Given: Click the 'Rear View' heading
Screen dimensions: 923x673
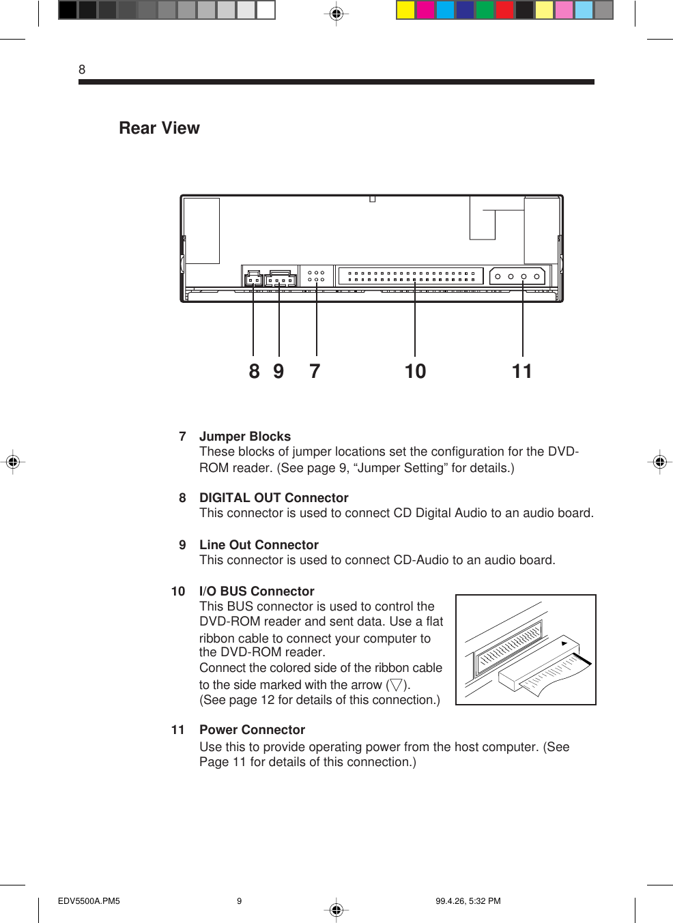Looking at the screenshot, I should tap(159, 128).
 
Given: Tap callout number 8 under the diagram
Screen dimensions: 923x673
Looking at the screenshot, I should tap(254, 371).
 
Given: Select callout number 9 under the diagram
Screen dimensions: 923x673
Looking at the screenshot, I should tap(278, 371).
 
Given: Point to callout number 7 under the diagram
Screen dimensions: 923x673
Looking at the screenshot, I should tap(315, 371).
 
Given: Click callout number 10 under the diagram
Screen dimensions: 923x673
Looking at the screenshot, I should tap(415, 371).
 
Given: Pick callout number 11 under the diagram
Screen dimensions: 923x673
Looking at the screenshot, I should tap(522, 371).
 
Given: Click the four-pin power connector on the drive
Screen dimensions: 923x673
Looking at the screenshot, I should tap(517, 276).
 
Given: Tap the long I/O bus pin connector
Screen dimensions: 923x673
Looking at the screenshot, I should tap(411, 276).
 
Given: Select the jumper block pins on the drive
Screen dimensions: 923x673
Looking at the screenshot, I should tap(316, 276).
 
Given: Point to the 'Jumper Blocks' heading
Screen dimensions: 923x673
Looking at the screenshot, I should tap(244, 437).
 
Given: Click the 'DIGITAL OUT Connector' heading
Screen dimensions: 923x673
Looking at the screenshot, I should tap(274, 498).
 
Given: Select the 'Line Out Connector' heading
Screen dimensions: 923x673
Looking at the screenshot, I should tap(259, 545).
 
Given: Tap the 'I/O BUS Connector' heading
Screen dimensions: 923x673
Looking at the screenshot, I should tap(257, 591).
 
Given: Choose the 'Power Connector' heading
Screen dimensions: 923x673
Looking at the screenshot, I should tap(252, 730).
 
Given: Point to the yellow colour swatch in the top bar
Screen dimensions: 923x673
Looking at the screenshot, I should tap(406, 10).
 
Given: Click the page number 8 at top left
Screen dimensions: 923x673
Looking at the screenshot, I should tap(82, 70).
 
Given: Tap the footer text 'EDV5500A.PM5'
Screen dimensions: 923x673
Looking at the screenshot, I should tap(89, 901).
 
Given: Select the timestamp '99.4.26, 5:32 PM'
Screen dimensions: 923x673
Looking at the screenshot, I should tap(468, 901).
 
